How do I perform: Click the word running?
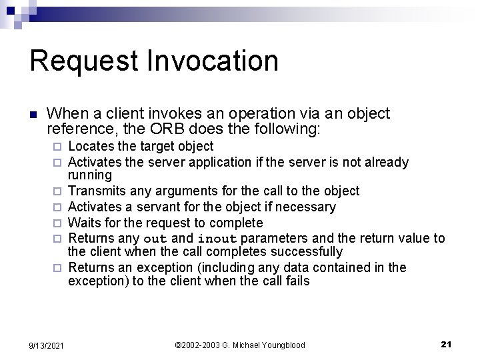pyautogui.click(x=90, y=175)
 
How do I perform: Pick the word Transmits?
pyautogui.click(x=97, y=191)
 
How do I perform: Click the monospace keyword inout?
pyautogui.click(x=217, y=239)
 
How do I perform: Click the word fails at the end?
pyautogui.click(x=297, y=281)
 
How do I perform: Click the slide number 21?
pyautogui.click(x=447, y=344)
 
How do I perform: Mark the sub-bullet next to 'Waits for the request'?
pyautogui.click(x=59, y=223)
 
